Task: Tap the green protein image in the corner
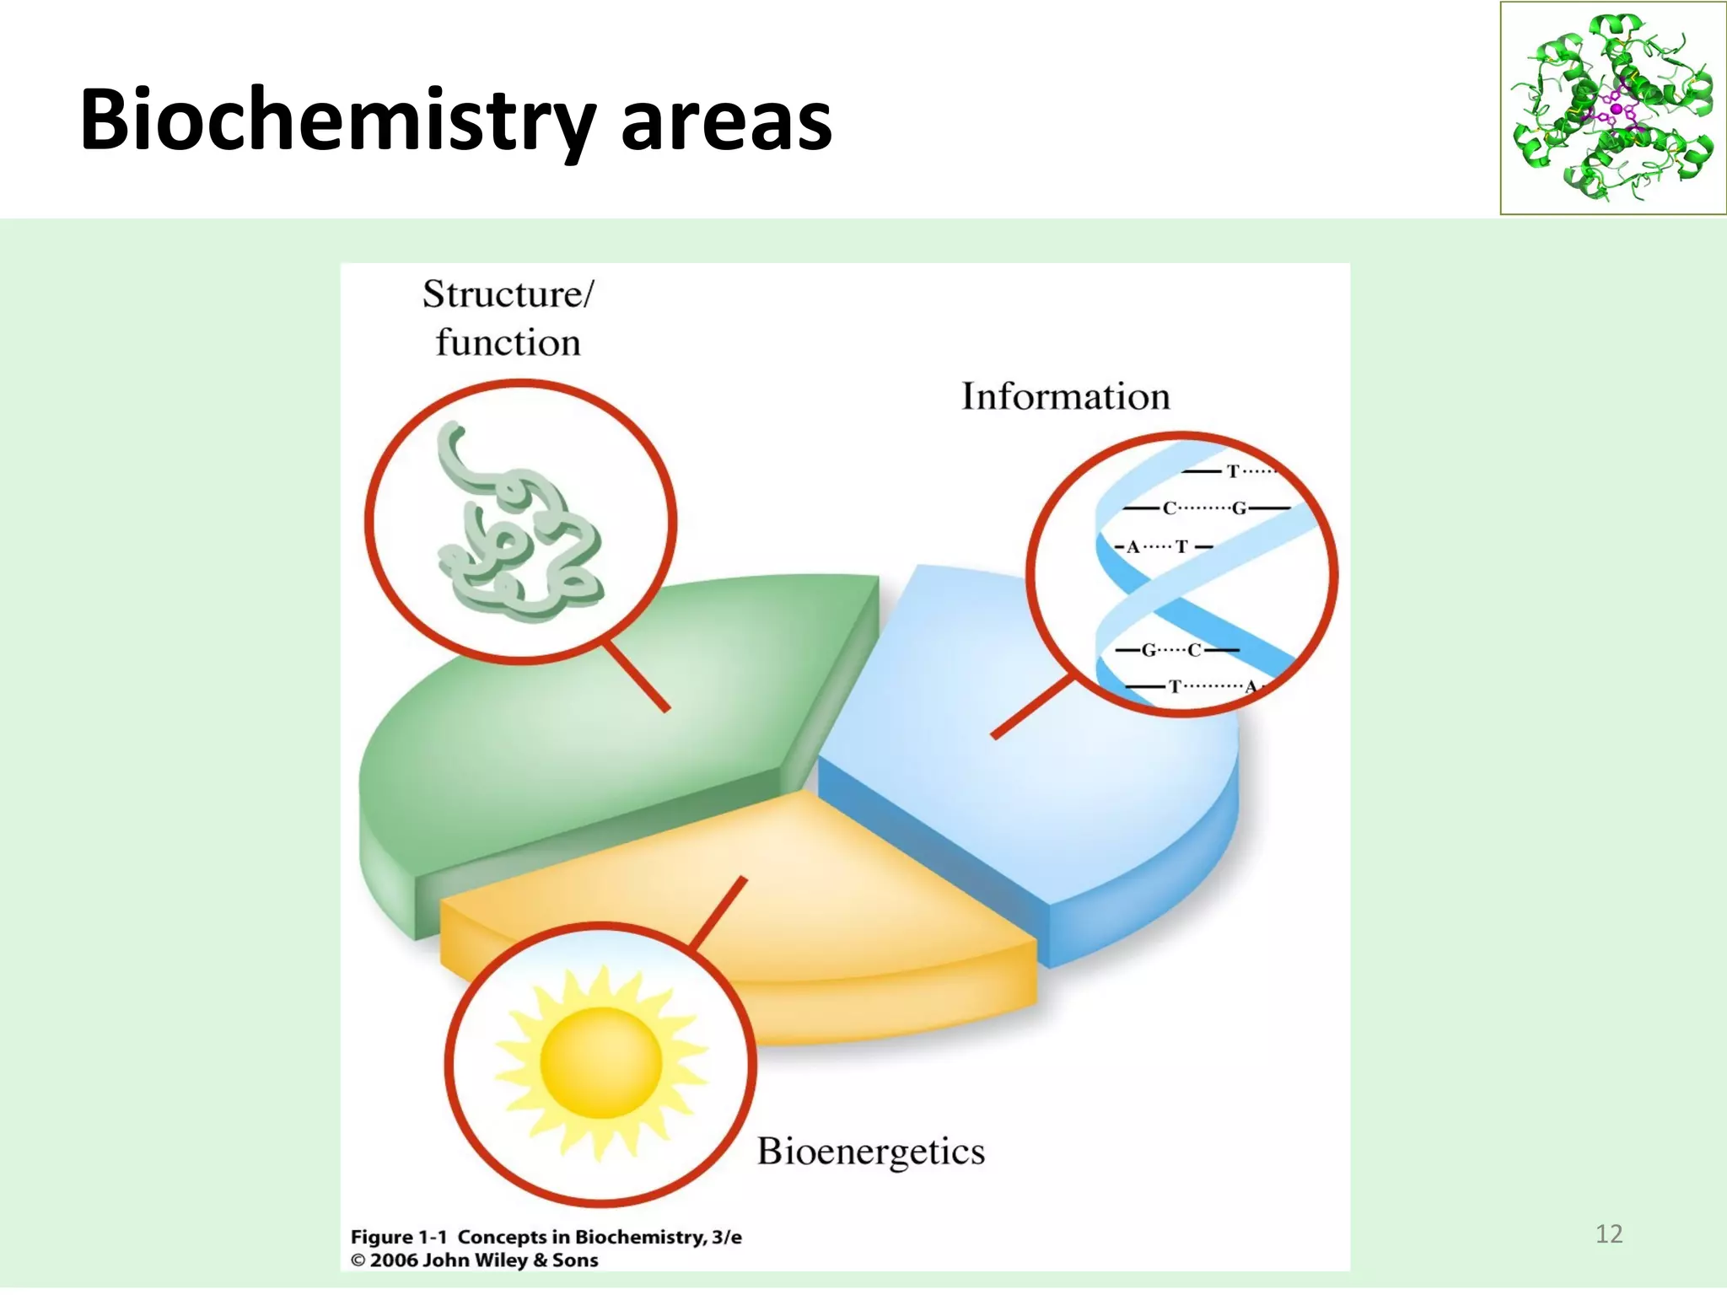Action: [x=1612, y=108]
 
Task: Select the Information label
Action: [x=1066, y=396]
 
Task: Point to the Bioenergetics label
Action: [x=870, y=1152]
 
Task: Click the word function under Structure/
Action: [x=508, y=343]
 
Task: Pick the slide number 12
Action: [x=1609, y=1233]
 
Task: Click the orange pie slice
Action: [x=843, y=911]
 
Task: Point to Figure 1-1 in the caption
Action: [x=398, y=1237]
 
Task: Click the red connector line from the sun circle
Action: [x=718, y=912]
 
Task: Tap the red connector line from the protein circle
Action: [x=637, y=677]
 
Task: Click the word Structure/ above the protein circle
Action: [x=508, y=295]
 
